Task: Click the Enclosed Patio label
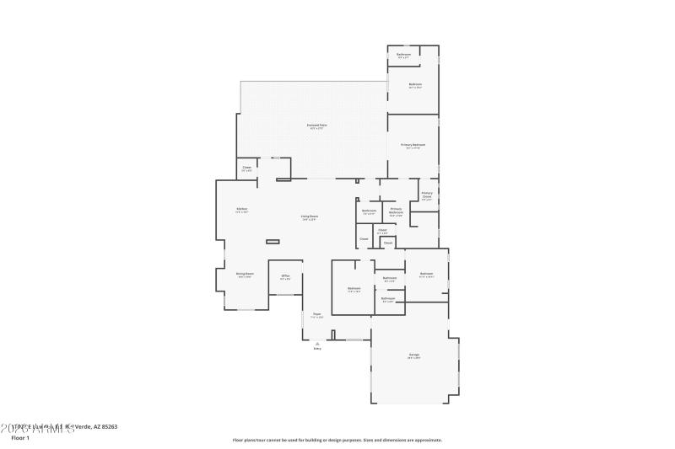(x=318, y=125)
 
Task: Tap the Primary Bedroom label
(x=413, y=144)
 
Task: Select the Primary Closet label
(x=427, y=195)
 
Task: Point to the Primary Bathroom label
(x=396, y=211)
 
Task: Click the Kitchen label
(x=241, y=209)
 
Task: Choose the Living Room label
(x=310, y=216)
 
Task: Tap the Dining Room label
(x=245, y=274)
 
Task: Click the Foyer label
(x=317, y=315)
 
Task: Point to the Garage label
(x=414, y=355)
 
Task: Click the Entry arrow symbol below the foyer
(x=317, y=343)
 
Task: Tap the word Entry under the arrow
(x=317, y=349)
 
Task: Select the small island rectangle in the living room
(x=273, y=242)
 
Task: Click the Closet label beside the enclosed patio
(x=247, y=168)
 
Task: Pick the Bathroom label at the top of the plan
(x=404, y=55)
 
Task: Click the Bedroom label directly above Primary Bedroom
(x=415, y=84)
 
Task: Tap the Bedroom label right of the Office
(x=354, y=289)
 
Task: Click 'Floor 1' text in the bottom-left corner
(x=19, y=437)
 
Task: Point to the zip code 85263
(x=106, y=426)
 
